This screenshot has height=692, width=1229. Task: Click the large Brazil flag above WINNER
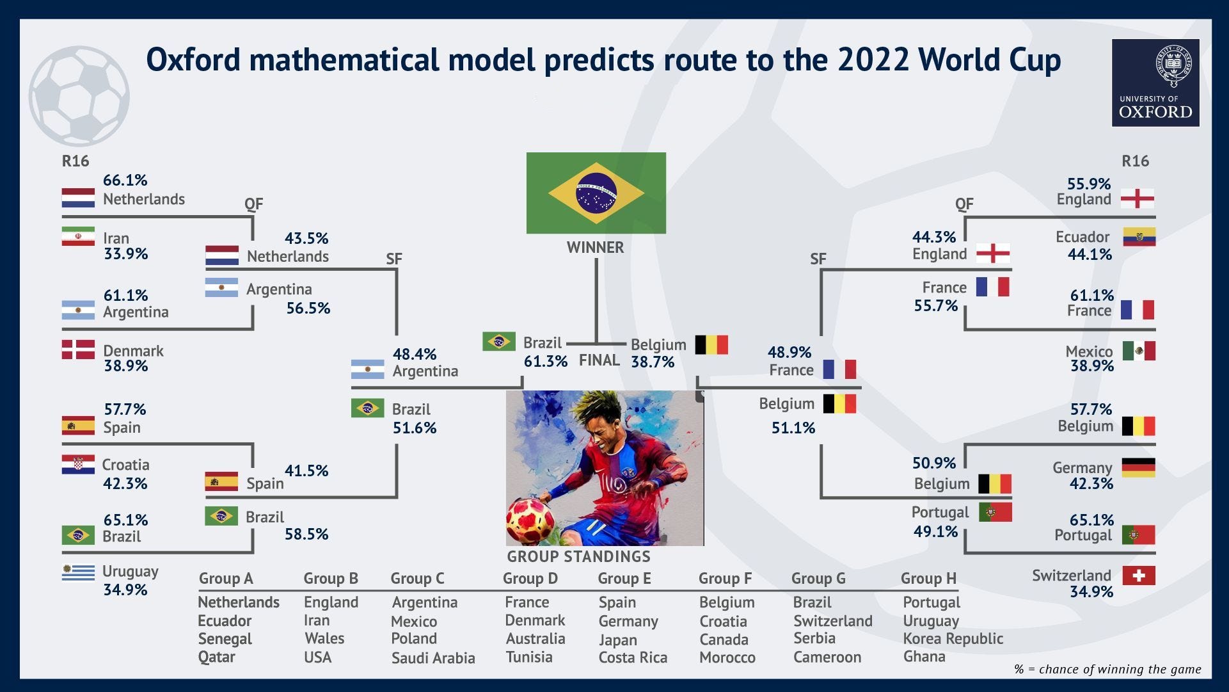(596, 193)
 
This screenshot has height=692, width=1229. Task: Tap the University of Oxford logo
(1155, 83)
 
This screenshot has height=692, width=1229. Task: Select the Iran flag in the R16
(78, 237)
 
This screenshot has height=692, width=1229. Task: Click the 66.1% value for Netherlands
(125, 181)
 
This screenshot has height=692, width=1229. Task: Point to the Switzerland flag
(1138, 575)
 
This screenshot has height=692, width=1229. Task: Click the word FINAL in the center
(599, 360)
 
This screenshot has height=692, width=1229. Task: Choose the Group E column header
(624, 579)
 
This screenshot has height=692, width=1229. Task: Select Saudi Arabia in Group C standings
(433, 658)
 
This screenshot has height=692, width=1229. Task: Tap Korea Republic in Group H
(953, 639)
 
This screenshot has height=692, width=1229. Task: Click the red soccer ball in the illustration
(530, 520)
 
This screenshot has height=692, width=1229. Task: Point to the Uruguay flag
(78, 572)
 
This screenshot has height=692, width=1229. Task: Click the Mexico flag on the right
(1138, 351)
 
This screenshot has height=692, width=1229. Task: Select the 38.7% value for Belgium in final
(653, 362)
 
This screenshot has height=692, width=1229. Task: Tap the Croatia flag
(78, 465)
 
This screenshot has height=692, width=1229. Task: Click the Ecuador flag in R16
(1139, 237)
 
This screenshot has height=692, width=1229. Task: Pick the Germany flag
(1138, 467)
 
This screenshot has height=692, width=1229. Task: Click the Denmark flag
(78, 350)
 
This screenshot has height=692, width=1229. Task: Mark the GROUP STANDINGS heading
(578, 557)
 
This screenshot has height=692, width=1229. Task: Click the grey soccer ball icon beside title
(79, 96)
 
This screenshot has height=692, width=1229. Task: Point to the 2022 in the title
(873, 60)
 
